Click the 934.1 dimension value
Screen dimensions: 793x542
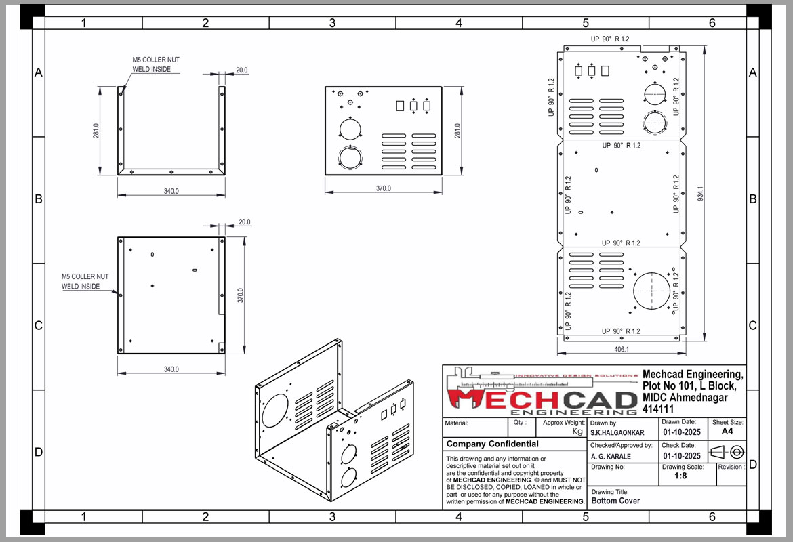[x=700, y=193]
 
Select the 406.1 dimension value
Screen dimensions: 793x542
[x=622, y=349]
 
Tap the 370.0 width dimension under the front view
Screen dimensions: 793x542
[x=384, y=188]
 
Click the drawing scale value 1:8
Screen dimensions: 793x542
[x=680, y=476]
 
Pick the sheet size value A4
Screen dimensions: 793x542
[x=727, y=432]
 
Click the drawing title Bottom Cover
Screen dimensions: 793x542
[x=615, y=501]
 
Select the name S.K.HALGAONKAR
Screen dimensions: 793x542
[x=617, y=433]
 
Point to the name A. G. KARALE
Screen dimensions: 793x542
[x=611, y=456]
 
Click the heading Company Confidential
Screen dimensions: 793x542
[x=493, y=444]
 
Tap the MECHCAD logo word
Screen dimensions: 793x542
[x=542, y=400]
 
